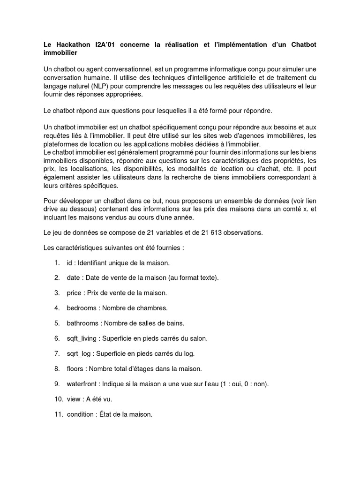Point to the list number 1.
(56, 262)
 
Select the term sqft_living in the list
(83, 338)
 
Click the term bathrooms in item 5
(82, 323)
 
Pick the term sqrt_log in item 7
(79, 353)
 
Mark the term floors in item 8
(75, 368)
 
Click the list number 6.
(57, 338)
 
